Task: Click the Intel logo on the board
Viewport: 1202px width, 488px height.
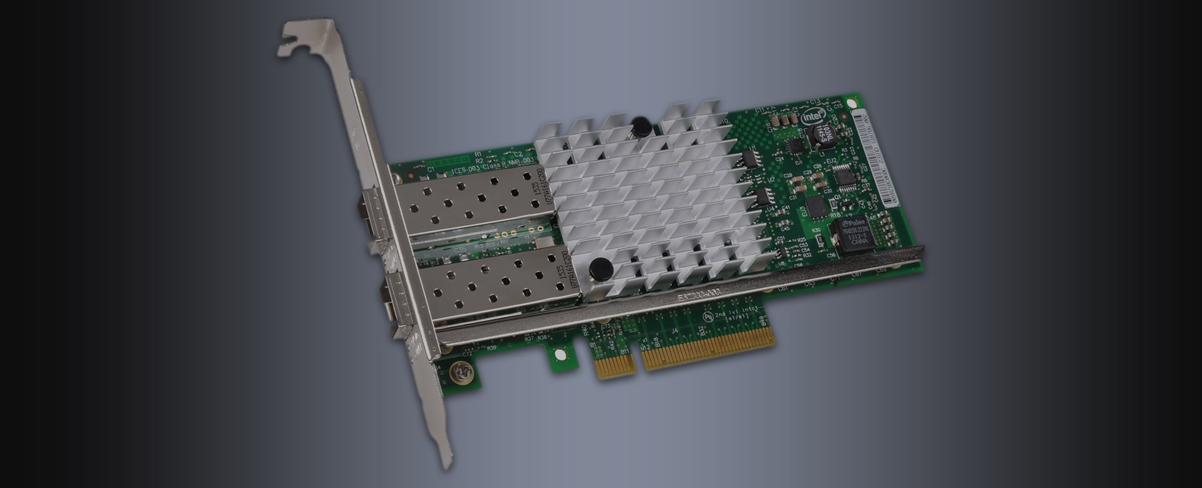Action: pos(811,117)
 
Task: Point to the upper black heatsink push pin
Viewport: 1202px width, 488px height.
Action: pos(639,125)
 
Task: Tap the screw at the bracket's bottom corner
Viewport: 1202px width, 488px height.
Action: pos(463,373)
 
